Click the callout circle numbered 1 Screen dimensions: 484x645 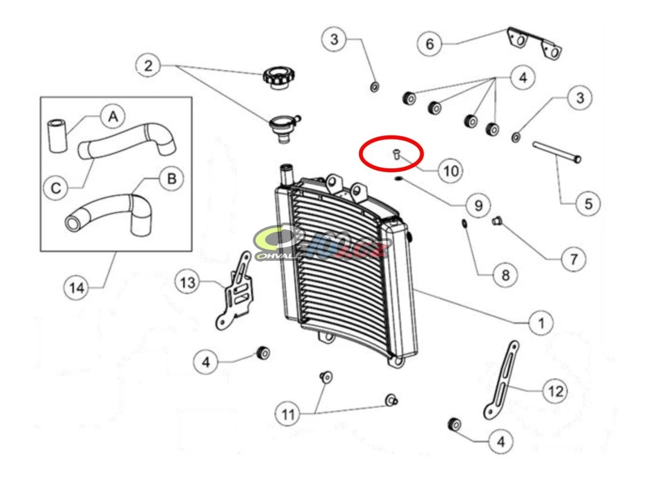point(540,323)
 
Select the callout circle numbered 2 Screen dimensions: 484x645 point(148,66)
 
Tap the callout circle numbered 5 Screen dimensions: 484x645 point(588,204)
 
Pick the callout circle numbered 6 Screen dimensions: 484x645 point(430,43)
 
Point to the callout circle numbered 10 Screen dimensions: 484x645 point(450,170)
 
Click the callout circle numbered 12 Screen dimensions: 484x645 point(554,391)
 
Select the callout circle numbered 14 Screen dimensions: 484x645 point(76,289)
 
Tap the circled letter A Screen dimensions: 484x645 point(113,116)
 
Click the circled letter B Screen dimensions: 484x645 point(170,179)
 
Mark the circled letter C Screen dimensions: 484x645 point(56,187)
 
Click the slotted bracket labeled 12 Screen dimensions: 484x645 point(501,381)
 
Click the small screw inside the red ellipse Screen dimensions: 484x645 point(396,154)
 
